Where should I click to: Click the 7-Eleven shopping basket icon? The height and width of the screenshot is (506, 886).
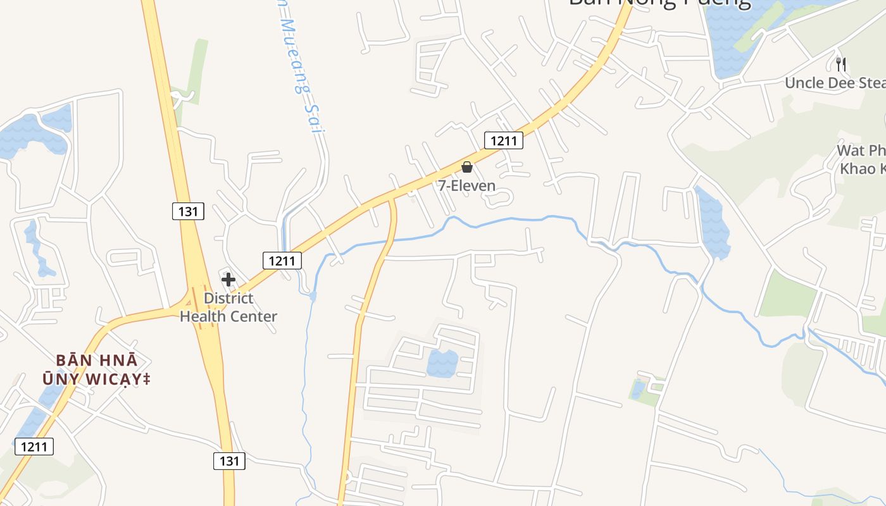pos(467,167)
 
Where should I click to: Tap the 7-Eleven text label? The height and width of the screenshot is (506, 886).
pos(467,186)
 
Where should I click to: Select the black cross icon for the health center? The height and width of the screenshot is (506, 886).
pos(228,280)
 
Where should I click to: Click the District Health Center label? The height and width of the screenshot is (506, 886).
pos(228,307)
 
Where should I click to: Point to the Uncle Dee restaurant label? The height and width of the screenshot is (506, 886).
pos(835,83)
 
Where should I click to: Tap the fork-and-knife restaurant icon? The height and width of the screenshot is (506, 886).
pos(841,64)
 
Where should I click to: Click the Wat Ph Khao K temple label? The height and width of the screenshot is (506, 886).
pos(861,159)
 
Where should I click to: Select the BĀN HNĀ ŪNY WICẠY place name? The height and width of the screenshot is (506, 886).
pos(96,369)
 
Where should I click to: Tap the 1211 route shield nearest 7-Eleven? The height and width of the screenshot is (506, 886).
pos(504,140)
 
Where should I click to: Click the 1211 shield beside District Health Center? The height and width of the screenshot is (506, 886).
pos(282,260)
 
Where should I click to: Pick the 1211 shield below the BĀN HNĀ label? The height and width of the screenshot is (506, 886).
pos(34,447)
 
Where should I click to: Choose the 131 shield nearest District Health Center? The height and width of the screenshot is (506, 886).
pos(189,211)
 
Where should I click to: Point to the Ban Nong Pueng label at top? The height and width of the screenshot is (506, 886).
pos(659,3)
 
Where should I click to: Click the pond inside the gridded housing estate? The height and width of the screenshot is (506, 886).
pos(442,363)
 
